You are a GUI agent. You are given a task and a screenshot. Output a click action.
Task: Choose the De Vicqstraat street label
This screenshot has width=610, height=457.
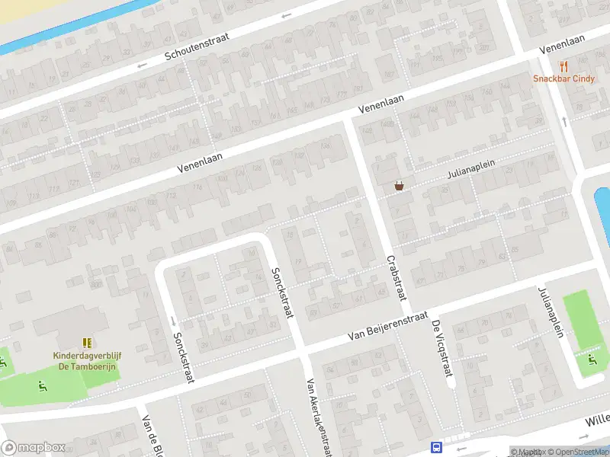tap(441, 348)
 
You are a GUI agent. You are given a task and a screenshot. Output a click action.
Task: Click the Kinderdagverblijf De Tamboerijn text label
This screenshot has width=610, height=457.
tap(84, 360)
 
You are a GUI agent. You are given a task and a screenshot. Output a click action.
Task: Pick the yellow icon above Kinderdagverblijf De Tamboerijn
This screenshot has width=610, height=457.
tap(87, 343)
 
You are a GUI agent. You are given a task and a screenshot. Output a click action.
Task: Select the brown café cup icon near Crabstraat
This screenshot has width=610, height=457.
tap(398, 185)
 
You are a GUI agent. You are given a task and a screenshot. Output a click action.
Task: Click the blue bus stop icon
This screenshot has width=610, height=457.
tap(437, 448)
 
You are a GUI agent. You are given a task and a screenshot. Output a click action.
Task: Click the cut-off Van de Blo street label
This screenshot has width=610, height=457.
tap(151, 436)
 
